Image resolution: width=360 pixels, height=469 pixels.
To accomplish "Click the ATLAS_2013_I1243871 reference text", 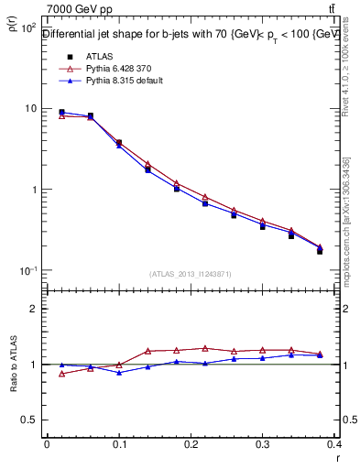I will (191, 274).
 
